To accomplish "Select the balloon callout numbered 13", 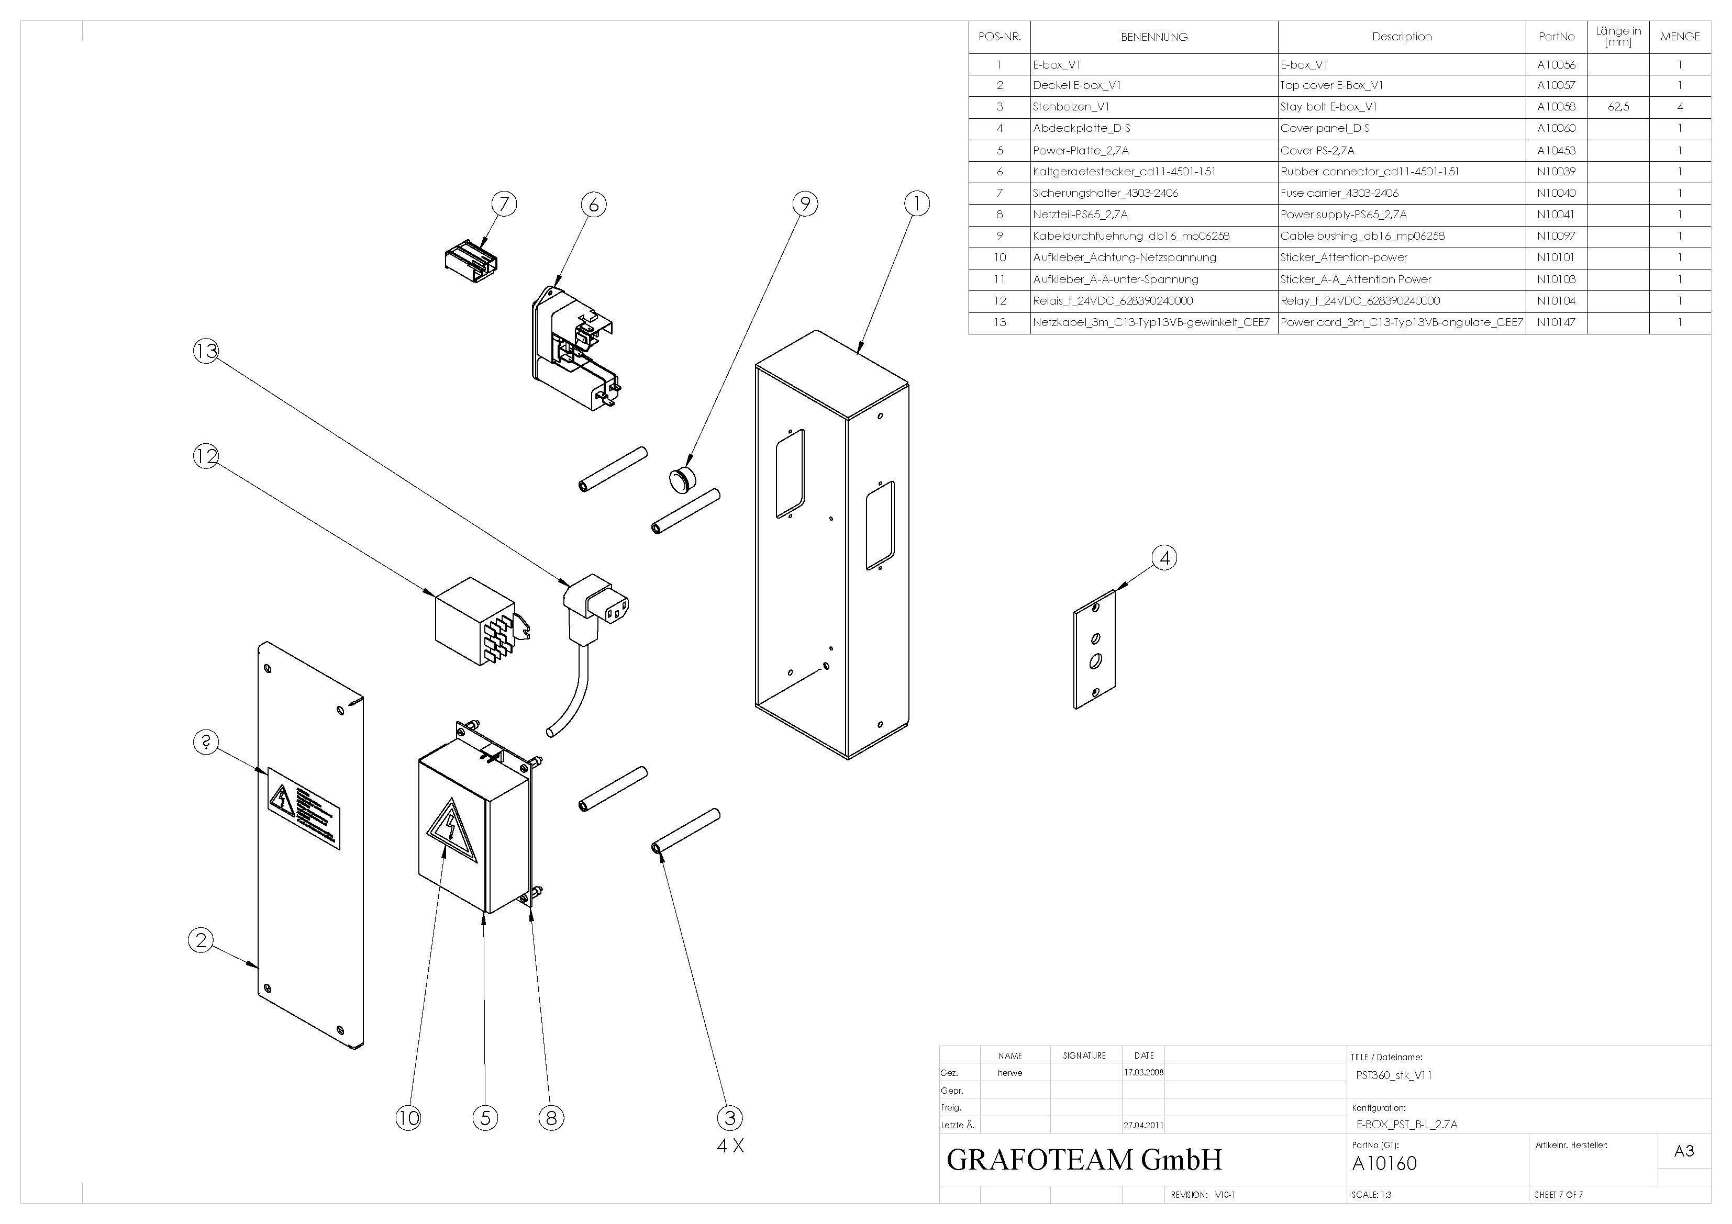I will tap(206, 351).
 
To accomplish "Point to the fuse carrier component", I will tap(471, 261).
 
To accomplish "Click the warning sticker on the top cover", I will tap(303, 807).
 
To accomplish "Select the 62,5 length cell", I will tap(1618, 107).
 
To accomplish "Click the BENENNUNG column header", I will tap(1153, 37).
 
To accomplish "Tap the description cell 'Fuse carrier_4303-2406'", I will tap(1339, 193).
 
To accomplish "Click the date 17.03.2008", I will tap(1143, 1072).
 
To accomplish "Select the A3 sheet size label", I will tap(1684, 1151).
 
